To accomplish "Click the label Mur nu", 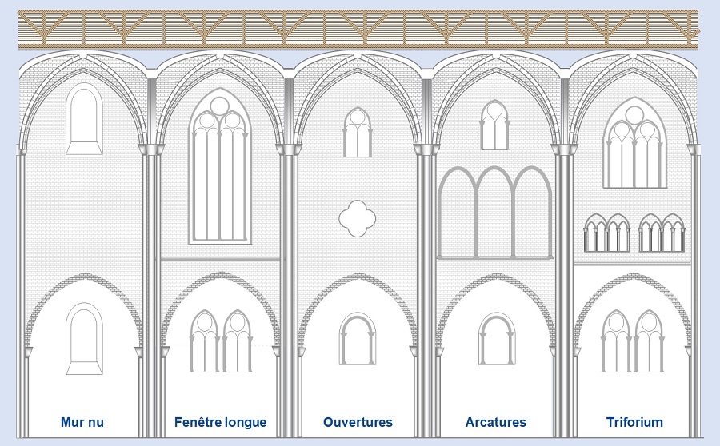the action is pyautogui.click(x=82, y=422).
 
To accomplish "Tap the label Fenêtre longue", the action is pyautogui.click(x=221, y=422).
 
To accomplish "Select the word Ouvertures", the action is pyautogui.click(x=358, y=422).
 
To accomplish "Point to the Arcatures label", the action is pyautogui.click(x=495, y=422).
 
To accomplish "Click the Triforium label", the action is pyautogui.click(x=634, y=422).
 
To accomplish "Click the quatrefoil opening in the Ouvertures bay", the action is pyautogui.click(x=358, y=218).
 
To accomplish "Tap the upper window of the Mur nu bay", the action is pyautogui.click(x=84, y=118).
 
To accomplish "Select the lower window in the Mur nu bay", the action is pyautogui.click(x=84, y=338).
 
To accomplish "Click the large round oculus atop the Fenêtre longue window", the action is pyautogui.click(x=220, y=106).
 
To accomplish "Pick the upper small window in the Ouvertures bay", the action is pyautogui.click(x=358, y=132).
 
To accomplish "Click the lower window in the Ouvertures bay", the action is pyautogui.click(x=358, y=339).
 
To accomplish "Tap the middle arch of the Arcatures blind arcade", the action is pyautogui.click(x=494, y=213).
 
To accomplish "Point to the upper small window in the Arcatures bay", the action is pyautogui.click(x=494, y=125).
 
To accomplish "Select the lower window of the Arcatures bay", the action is pyautogui.click(x=496, y=339).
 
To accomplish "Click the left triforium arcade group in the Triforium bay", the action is pyautogui.click(x=606, y=233).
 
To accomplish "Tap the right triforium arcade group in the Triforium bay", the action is pyautogui.click(x=662, y=233).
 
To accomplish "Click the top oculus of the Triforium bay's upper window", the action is pyautogui.click(x=634, y=115).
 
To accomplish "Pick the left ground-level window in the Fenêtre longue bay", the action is pyautogui.click(x=204, y=341).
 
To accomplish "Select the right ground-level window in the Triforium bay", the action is pyautogui.click(x=649, y=341).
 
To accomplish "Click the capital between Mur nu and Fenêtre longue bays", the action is pyautogui.click(x=151, y=149).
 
